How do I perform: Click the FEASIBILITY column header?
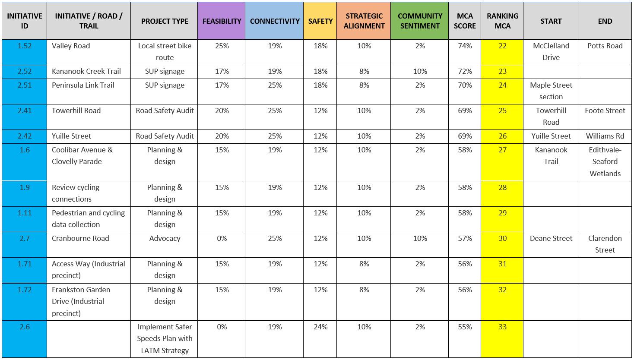pos(222,21)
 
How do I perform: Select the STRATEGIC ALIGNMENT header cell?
pos(364,21)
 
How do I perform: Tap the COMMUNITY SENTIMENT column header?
pos(420,21)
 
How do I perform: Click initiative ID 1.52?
pos(25,46)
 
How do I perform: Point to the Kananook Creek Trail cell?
pos(86,71)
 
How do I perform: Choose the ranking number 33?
pos(502,327)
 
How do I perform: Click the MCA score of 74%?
pos(465,46)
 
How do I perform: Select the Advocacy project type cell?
pos(165,238)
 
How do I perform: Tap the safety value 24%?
pos(320,327)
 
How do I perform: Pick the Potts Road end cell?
pos(605,46)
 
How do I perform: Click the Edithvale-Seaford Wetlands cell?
pos(605,161)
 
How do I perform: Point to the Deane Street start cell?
pos(551,238)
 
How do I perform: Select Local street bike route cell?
pos(165,51)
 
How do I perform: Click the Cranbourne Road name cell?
pos(80,238)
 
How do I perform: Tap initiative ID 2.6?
pos(25,327)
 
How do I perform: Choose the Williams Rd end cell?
pos(605,136)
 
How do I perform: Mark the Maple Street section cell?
pos(551,91)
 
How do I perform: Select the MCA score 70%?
pos(465,85)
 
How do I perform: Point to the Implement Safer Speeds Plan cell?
pos(165,338)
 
